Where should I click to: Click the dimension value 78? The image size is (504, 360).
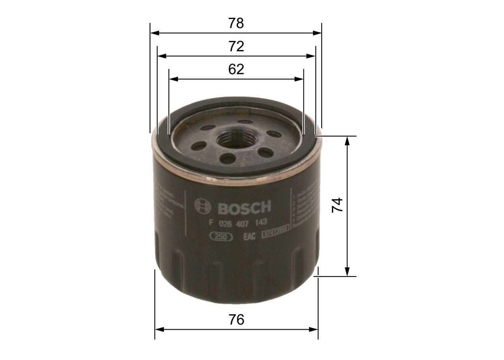coord(236,24)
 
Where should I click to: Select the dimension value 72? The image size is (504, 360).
coord(236,46)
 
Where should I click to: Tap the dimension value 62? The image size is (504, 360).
coord(236,69)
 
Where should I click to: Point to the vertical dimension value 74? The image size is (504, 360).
coord(337,206)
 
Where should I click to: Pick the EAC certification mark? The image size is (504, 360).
coord(249,236)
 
